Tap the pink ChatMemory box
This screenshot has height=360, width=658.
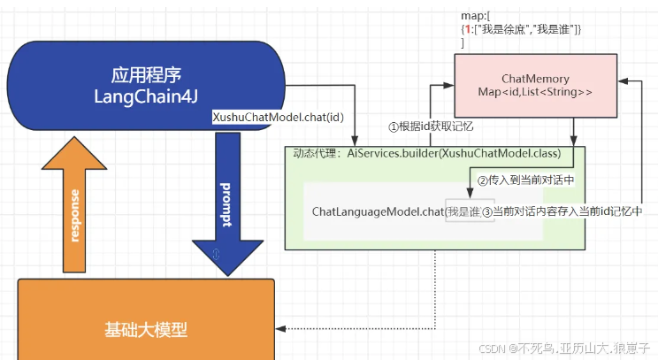[x=535, y=85]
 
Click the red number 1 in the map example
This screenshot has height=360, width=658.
[x=468, y=30]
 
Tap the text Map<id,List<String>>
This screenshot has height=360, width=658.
[x=534, y=92]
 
